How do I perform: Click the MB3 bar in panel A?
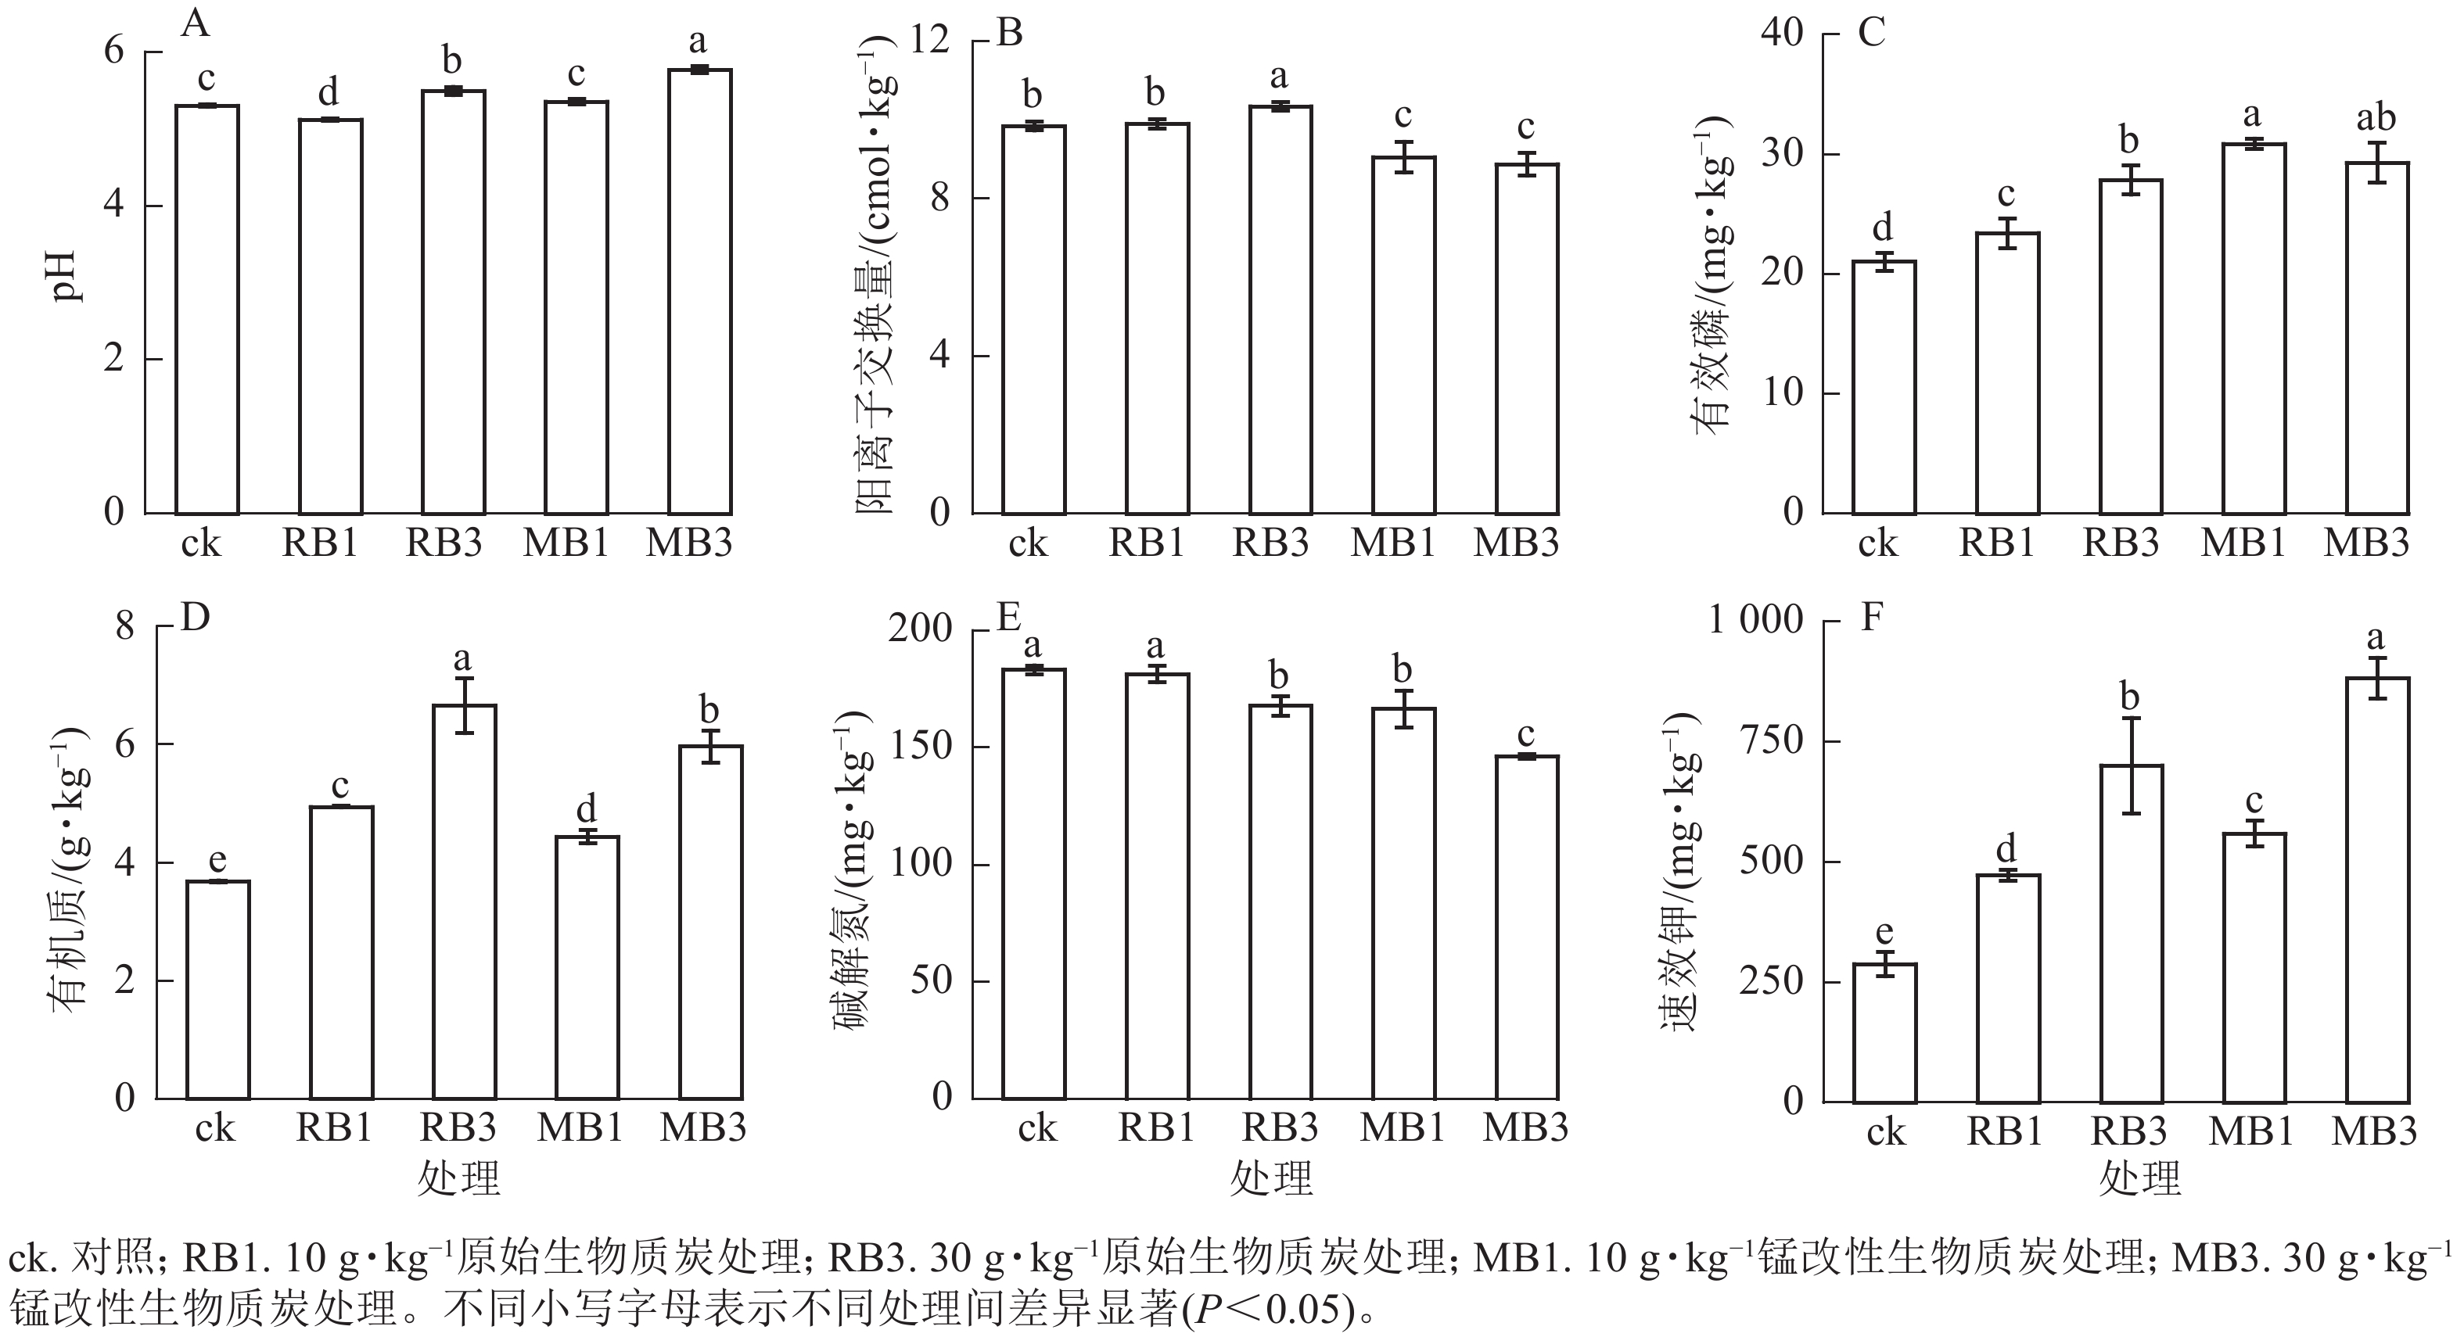699,292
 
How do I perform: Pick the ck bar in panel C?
1884,387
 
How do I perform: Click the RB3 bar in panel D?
464,901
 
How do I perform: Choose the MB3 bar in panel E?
1528,927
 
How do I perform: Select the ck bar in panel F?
1884,1033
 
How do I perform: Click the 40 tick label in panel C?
1781,34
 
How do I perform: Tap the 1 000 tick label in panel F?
1755,621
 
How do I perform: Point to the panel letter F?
1871,618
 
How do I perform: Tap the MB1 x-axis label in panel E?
1403,1128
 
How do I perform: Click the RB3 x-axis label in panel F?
2128,1131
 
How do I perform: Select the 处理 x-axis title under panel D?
458,1179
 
